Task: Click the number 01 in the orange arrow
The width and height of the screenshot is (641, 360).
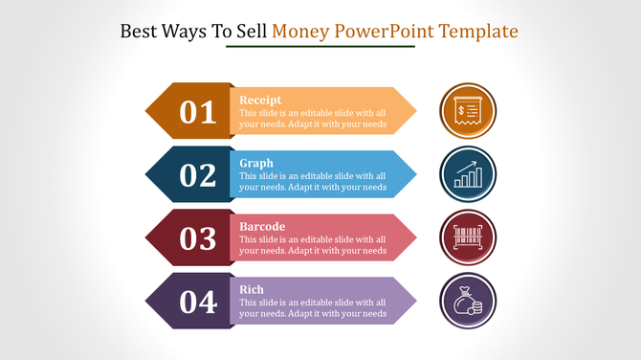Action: (198, 112)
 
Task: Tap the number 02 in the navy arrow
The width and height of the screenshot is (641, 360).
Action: (198, 175)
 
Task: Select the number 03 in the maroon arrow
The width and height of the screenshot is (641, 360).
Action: (198, 238)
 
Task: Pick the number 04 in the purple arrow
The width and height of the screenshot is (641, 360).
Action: (198, 302)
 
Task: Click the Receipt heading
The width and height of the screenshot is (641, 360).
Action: (259, 100)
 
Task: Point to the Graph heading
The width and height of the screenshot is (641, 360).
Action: (256, 163)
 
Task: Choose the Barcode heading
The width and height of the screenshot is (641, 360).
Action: (262, 226)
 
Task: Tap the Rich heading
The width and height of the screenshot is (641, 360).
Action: (253, 289)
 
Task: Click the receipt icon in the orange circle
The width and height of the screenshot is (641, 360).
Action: (468, 111)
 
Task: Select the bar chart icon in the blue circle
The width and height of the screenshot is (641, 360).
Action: (468, 174)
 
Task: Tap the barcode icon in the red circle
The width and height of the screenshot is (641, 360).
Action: (468, 237)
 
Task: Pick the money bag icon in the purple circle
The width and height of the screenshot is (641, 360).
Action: (468, 301)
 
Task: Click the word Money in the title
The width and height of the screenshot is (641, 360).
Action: (301, 32)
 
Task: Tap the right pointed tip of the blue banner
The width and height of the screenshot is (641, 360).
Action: (414, 175)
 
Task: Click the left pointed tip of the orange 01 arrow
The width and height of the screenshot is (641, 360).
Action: (145, 111)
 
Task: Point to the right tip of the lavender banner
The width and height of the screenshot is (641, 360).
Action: (414, 302)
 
